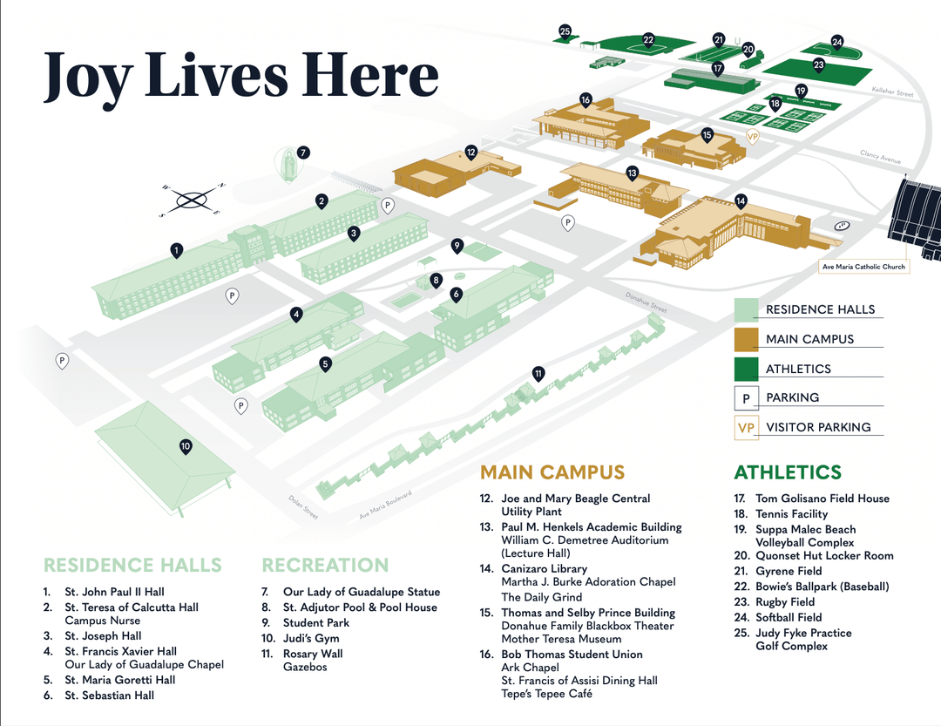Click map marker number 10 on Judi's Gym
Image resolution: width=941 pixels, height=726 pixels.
point(186,446)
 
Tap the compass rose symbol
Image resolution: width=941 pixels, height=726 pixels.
point(191,200)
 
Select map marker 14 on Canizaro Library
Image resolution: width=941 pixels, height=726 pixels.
point(740,200)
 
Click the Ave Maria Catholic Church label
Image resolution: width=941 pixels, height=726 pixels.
point(863,267)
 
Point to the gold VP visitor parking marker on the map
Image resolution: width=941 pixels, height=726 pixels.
point(753,137)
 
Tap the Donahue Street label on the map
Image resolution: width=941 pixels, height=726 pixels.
point(645,302)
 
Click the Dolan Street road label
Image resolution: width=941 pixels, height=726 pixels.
point(303,508)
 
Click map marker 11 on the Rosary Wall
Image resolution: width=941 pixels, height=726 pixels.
point(538,374)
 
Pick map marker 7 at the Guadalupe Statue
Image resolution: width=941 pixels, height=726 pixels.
point(302,152)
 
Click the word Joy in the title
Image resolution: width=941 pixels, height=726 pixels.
point(88,75)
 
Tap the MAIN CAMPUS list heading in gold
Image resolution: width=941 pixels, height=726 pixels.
point(552,473)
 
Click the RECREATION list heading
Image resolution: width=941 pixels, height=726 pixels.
point(324,566)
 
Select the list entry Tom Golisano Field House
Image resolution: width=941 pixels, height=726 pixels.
point(822,499)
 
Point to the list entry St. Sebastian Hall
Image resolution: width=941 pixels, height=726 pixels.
point(109,695)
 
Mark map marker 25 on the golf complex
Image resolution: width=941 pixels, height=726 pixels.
point(565,32)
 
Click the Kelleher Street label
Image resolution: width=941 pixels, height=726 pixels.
point(892,92)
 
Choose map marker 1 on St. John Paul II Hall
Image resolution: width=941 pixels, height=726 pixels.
point(176,250)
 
